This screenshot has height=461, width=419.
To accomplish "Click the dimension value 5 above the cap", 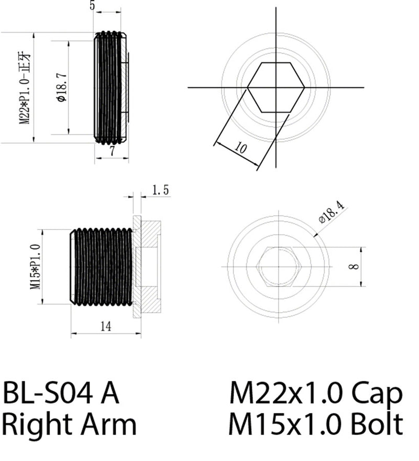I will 92,6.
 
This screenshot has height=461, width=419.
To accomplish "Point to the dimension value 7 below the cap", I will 112,152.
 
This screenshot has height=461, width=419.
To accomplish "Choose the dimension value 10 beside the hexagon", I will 240,148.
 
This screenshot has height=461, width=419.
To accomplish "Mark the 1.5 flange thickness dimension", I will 160,190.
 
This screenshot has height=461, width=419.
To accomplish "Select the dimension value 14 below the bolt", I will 105,326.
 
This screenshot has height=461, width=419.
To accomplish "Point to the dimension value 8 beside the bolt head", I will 356,267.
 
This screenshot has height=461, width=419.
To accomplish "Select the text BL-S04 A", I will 61,393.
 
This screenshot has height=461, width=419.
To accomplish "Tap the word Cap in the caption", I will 376,393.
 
